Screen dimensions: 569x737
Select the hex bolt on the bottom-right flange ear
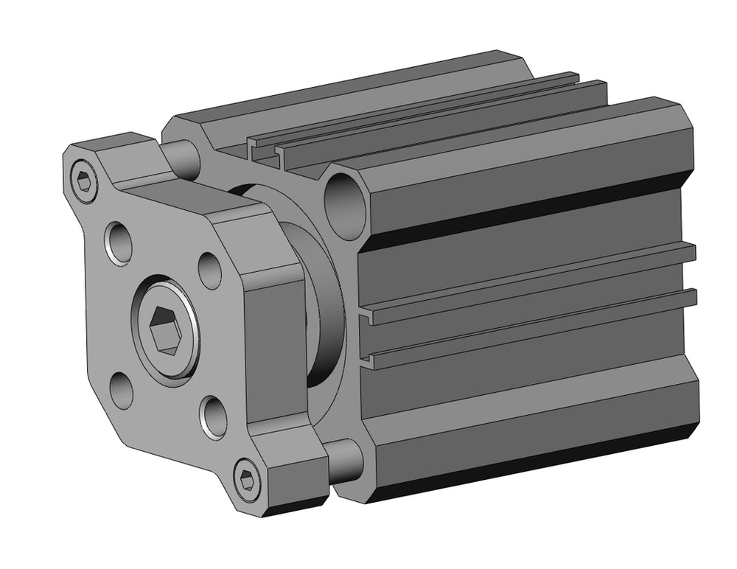pyautogui.click(x=248, y=481)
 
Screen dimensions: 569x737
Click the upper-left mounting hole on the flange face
pyautogui.click(x=119, y=241)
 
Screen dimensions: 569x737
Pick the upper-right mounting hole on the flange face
pyautogui.click(x=210, y=270)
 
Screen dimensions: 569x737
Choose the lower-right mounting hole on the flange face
pyautogui.click(x=212, y=417)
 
